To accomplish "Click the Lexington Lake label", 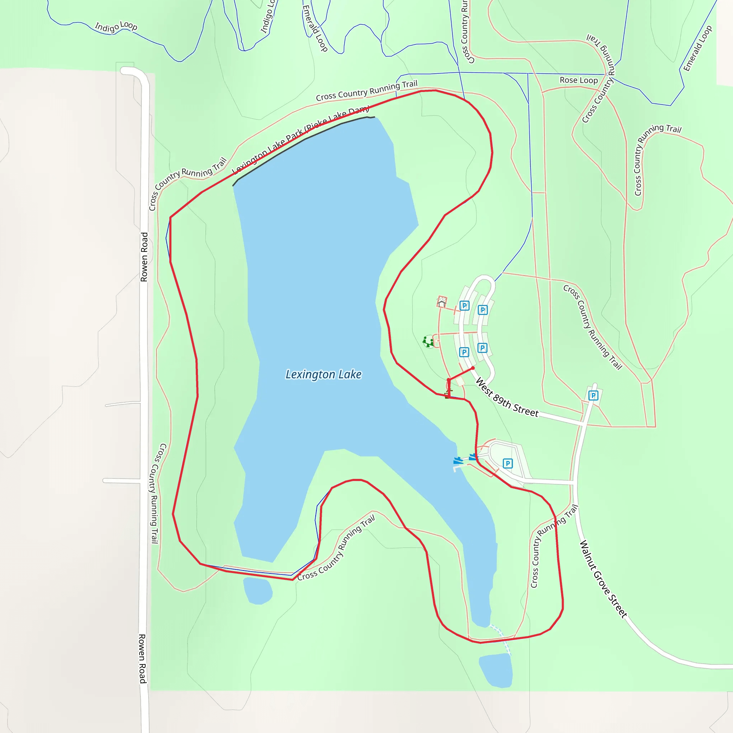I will pos(323,374).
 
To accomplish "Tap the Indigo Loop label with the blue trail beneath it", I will pos(116,26).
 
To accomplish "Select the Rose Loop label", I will pos(579,80).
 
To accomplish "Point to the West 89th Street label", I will pos(507,398).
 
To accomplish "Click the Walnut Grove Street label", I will pos(603,579).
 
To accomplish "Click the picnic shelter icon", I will pos(441,302).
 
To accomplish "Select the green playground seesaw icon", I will pos(428,342).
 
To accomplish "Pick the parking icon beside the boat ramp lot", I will pos(508,463).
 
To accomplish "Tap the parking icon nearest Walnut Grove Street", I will pos(593,396).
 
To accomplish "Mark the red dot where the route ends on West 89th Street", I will pos(473,368).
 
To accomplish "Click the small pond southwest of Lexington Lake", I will pos(258,590).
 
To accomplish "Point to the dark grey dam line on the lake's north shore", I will pos(304,140).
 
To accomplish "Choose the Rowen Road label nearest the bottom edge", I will pos(142,658).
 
